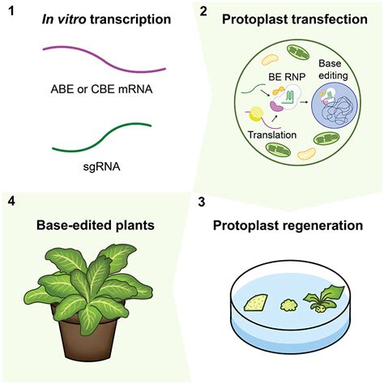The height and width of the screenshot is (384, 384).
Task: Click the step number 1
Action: click(x=11, y=11)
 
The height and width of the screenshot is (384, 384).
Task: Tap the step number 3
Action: click(x=202, y=203)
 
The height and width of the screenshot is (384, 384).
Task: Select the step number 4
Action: click(x=11, y=202)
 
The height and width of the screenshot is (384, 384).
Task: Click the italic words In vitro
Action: click(x=64, y=19)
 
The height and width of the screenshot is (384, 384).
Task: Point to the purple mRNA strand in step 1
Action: click(x=104, y=59)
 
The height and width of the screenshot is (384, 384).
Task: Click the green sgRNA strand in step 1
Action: click(x=102, y=138)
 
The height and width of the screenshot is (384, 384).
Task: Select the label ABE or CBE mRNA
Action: click(x=101, y=89)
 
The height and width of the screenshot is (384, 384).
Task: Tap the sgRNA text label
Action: click(x=101, y=167)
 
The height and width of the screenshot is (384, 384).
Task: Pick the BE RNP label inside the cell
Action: click(x=287, y=77)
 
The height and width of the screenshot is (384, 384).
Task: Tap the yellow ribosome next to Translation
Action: click(x=255, y=113)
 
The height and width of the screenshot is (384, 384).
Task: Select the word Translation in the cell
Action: click(x=272, y=134)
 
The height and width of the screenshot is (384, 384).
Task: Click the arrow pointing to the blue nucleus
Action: click(x=304, y=102)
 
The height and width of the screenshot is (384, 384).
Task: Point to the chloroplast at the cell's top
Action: click(x=298, y=52)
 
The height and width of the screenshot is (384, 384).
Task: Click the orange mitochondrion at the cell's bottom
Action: click(x=306, y=154)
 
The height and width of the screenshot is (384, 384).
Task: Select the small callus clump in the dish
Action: click(x=289, y=305)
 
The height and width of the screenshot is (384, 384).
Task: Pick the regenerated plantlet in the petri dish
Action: click(x=322, y=300)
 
